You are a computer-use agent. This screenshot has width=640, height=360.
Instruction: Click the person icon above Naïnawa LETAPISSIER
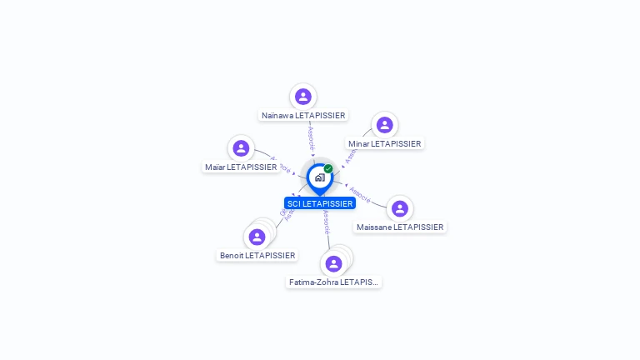point(303,97)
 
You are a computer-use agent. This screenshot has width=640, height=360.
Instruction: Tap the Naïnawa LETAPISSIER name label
point(303,116)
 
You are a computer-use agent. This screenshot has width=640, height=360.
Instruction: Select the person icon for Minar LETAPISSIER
point(384,125)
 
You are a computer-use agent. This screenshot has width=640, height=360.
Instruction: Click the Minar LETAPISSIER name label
point(385,144)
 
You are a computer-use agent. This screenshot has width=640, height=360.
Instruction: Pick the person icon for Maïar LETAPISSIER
point(241,148)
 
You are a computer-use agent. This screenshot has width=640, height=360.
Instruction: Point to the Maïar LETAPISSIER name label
point(241,167)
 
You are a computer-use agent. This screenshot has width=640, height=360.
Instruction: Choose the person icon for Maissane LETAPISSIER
point(400,208)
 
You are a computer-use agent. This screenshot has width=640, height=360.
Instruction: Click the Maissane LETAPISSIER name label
point(400,227)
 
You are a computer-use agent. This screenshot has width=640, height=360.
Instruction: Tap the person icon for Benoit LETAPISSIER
point(257,237)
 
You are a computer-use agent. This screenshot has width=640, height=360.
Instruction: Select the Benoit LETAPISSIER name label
point(257,256)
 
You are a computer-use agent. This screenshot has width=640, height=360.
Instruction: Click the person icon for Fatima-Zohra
point(333,263)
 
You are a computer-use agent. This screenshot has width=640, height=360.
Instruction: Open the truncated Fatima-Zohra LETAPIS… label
point(333,282)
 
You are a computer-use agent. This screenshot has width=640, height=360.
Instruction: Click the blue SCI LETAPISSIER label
point(320,203)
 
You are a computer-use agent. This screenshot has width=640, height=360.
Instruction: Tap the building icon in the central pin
point(319,177)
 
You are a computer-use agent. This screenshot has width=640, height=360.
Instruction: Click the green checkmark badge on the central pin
point(328,169)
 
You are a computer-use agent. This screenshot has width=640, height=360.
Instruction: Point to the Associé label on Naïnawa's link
point(311,137)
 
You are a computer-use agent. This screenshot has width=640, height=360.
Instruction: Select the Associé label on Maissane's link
point(360,194)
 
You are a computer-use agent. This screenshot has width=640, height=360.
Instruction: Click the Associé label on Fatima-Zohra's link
point(326,221)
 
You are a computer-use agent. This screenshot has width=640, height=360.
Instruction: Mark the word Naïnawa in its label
point(277,116)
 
